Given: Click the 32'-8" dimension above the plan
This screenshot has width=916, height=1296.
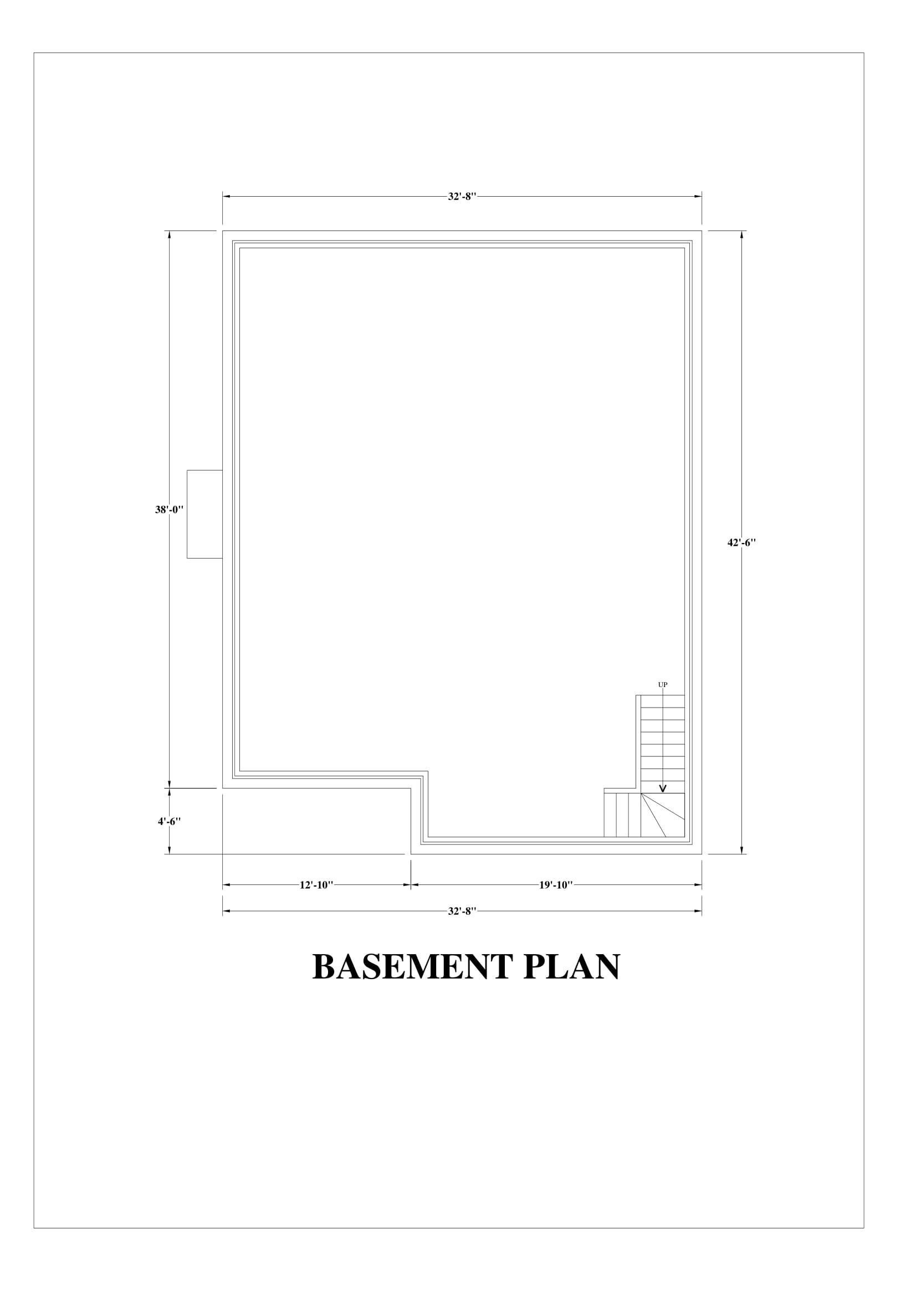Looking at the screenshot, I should coord(462,197).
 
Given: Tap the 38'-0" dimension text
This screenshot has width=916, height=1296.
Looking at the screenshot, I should coord(170,509).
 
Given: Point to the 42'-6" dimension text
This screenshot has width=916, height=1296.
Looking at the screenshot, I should coord(741,542).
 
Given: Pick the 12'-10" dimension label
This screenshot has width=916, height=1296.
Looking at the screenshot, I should coord(316,884).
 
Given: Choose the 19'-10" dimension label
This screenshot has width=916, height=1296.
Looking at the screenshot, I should coord(556,884).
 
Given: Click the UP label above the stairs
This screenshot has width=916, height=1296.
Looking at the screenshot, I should coord(663,685).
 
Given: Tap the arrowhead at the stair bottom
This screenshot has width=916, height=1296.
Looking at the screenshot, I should coord(663,788).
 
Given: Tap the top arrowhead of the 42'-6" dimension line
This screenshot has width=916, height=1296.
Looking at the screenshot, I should coord(741,235).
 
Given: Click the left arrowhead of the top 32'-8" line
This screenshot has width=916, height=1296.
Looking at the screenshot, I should coord(227,197).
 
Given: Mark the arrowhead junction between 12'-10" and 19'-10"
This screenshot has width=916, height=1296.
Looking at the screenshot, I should coord(410,884).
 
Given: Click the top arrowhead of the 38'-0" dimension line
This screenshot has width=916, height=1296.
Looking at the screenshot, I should coord(170,235).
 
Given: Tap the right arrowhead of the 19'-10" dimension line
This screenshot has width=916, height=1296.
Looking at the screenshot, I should coord(698,884).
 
